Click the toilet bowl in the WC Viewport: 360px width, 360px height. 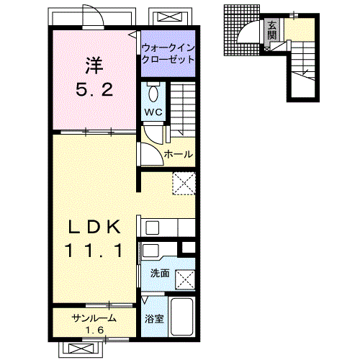point(153,94)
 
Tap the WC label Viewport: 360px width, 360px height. point(153,112)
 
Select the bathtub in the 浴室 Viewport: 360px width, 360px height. point(181,316)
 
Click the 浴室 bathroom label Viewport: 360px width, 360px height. point(154,319)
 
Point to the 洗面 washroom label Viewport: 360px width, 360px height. point(160,274)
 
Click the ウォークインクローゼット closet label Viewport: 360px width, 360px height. point(168,53)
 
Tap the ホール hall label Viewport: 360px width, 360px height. point(179,154)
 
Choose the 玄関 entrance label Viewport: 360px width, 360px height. point(272,31)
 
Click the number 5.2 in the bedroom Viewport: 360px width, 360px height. point(94,89)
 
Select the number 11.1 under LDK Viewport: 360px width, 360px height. point(94,251)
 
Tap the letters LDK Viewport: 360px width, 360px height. point(94,227)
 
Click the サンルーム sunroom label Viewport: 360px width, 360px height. point(94,318)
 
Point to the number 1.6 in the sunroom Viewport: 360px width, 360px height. point(95,330)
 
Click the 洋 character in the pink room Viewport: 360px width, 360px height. point(94,66)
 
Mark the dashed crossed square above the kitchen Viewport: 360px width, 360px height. point(184,184)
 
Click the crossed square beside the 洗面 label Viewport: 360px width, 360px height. point(185,279)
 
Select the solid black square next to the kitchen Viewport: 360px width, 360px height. point(189,248)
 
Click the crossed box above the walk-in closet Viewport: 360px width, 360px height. point(171,17)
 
